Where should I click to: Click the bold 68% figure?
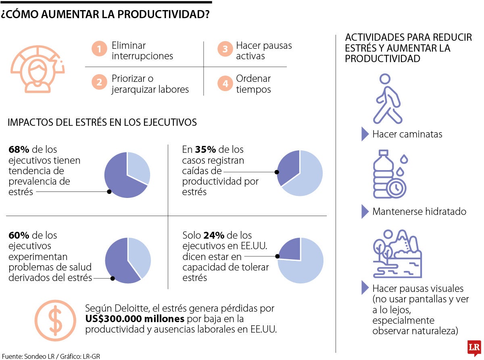[19, 150]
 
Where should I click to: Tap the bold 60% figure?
[19, 235]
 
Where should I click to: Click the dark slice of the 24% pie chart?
[290, 248]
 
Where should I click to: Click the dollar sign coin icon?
[55, 318]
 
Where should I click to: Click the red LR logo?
[475, 348]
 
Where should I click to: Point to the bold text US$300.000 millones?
[135, 319]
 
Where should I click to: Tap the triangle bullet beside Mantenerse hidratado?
[365, 212]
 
